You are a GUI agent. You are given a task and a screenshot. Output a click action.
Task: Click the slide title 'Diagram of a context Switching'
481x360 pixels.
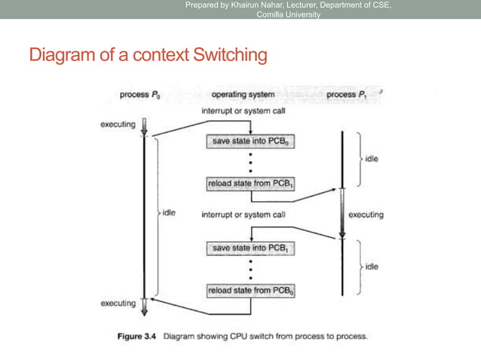point(147,55)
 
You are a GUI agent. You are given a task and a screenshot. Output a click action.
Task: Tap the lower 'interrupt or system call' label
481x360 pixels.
point(243,215)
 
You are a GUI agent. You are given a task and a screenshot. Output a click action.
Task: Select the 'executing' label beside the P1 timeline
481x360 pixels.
point(366,215)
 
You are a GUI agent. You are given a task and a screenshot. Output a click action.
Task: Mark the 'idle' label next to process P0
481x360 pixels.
point(168,214)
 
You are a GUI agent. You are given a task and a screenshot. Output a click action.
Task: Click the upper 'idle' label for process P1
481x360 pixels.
point(372,160)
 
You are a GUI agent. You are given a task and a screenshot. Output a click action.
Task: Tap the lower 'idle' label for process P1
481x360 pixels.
point(372,267)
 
